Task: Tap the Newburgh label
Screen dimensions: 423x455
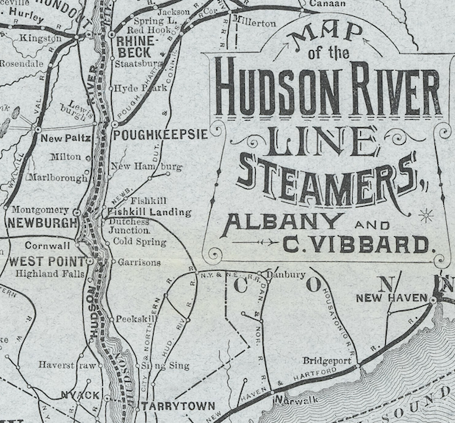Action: click(x=42, y=222)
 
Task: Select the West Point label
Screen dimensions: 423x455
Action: click(x=43, y=261)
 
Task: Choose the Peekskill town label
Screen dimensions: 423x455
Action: click(x=136, y=320)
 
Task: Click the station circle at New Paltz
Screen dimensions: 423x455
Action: click(x=36, y=130)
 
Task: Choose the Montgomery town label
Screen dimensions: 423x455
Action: click(x=41, y=209)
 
